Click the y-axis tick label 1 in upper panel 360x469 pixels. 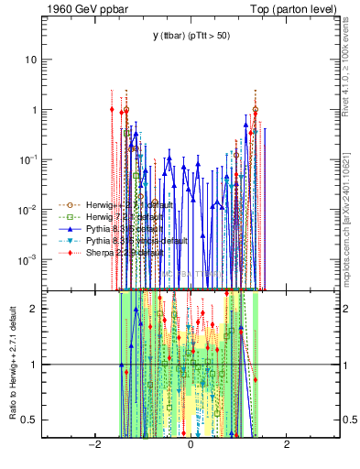click(38, 110)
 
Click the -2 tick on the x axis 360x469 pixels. click(94, 444)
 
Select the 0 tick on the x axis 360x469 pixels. click(191, 444)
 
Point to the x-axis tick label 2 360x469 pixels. click(287, 444)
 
